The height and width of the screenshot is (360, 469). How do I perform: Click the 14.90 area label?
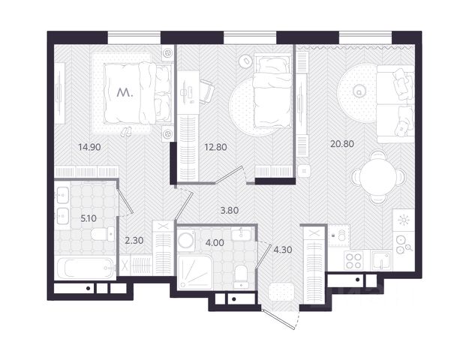[89, 147]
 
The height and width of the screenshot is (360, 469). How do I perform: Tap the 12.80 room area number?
[215, 147]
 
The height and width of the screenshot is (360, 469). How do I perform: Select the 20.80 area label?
[342, 144]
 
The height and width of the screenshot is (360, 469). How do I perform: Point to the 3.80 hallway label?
[230, 211]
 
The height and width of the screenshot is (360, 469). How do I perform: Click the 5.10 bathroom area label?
[89, 218]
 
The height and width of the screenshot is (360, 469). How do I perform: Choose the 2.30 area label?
[134, 240]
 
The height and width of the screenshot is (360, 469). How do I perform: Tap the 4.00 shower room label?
[215, 242]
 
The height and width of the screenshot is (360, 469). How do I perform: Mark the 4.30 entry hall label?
[283, 249]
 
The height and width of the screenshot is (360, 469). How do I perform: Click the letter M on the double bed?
[125, 93]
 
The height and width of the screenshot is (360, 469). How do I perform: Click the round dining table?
[378, 177]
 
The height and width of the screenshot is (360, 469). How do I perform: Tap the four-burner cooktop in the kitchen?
[353, 260]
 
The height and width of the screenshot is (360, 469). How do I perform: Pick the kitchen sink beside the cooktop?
[381, 260]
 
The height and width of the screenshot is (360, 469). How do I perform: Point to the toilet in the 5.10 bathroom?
[103, 234]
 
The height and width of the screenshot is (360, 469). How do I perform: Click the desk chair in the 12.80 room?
[207, 91]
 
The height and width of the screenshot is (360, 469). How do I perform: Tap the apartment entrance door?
[279, 319]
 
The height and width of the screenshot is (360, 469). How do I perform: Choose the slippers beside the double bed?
[126, 131]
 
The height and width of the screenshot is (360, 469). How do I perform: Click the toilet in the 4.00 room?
[241, 277]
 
